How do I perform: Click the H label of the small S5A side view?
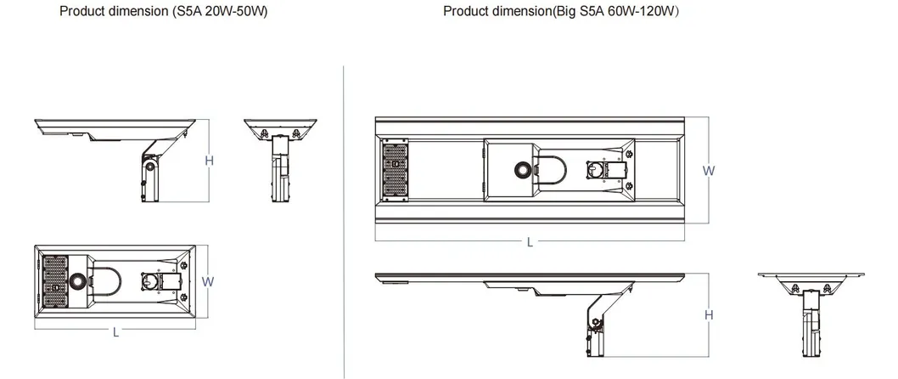tap(209, 161)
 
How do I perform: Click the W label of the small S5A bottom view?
tap(208, 281)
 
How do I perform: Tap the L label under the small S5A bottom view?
tap(115, 332)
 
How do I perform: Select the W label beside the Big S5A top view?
tap(709, 170)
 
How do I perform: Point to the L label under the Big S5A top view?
tap(530, 242)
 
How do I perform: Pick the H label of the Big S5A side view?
tap(709, 314)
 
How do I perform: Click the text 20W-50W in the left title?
tap(235, 11)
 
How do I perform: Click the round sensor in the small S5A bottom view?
tap(76, 281)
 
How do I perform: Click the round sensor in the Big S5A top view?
tap(522, 169)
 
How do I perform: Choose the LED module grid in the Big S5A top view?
tap(396, 170)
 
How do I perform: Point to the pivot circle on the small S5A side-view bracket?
tap(150, 167)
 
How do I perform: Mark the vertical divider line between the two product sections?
tap(344, 221)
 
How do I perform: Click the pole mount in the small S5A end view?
tap(279, 168)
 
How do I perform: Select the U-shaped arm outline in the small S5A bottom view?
tap(106, 281)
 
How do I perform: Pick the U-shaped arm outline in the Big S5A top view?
tap(550, 170)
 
